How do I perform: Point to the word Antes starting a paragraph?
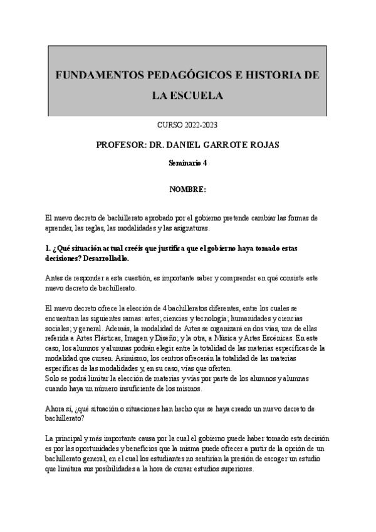point(56,278)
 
